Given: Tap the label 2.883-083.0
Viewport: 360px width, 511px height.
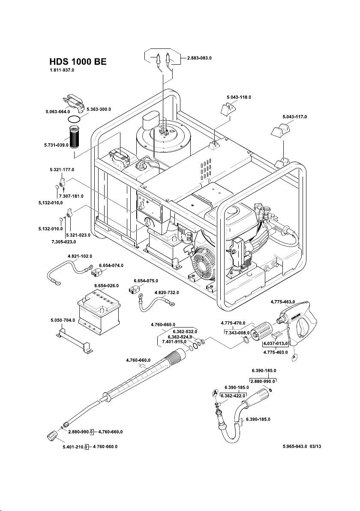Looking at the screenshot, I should (200, 58).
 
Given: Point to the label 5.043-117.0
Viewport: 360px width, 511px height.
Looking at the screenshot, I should (295, 117).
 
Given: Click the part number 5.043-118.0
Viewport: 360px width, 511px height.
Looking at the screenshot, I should (239, 97).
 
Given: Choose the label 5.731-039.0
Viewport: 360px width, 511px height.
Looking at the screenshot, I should (56, 145).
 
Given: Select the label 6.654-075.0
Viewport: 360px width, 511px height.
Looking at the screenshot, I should (146, 280).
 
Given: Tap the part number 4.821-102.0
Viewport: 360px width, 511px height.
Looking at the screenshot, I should (80, 256).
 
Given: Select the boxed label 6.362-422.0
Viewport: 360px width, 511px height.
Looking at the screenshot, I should (233, 396).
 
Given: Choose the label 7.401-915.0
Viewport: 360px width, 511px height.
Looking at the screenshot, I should (174, 342).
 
